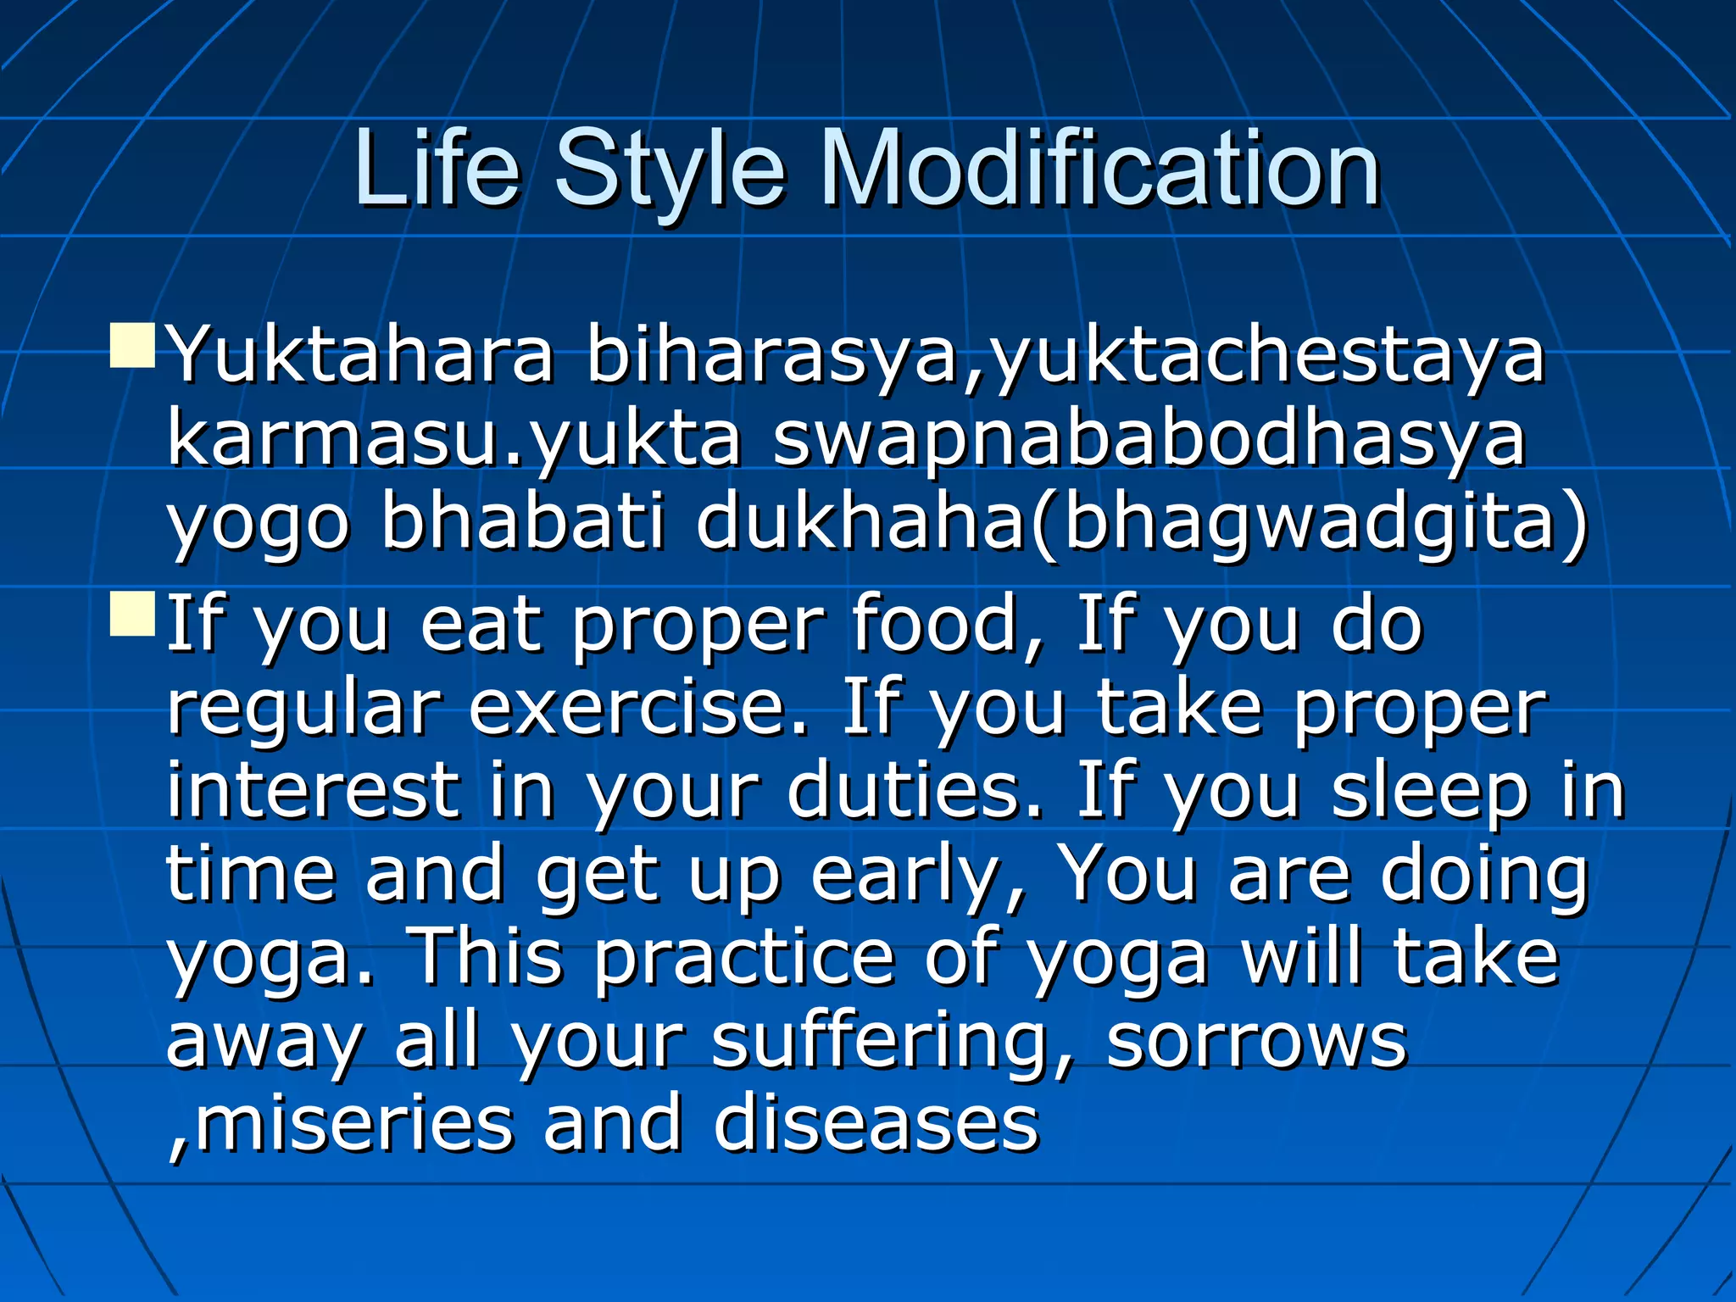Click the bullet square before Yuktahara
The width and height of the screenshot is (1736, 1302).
[x=132, y=345]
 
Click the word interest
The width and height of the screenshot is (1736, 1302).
[x=313, y=790]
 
